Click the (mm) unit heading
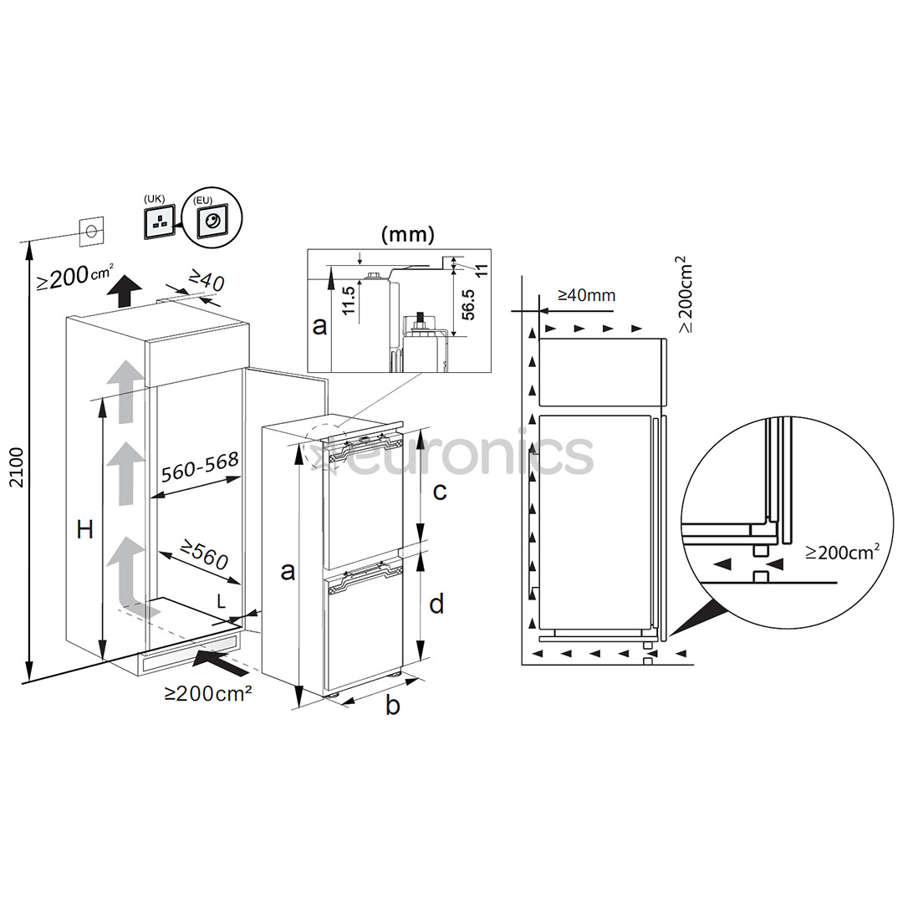click(x=407, y=235)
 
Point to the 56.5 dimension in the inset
click(x=468, y=304)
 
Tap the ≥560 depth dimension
click(x=195, y=555)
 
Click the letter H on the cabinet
click(x=84, y=529)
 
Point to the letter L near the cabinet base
click(x=221, y=600)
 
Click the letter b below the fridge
click(x=392, y=705)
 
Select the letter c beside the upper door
click(x=439, y=491)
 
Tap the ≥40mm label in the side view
click(x=586, y=294)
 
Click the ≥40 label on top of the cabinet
click(x=206, y=280)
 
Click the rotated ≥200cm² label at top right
click(x=686, y=295)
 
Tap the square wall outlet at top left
click(x=92, y=230)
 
